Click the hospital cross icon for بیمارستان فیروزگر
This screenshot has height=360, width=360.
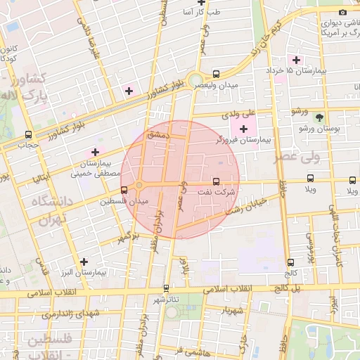244,129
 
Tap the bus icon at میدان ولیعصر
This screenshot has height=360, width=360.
216,74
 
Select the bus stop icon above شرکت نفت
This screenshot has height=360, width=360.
215,181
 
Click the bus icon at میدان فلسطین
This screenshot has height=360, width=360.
124,190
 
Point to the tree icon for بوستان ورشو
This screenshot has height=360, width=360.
321,117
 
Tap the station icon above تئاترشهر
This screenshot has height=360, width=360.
166,288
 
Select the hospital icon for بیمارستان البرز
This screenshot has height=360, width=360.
84,262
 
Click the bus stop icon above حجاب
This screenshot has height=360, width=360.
29,134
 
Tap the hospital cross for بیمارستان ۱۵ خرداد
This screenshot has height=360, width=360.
297,60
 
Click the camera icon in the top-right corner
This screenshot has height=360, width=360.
342,12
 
